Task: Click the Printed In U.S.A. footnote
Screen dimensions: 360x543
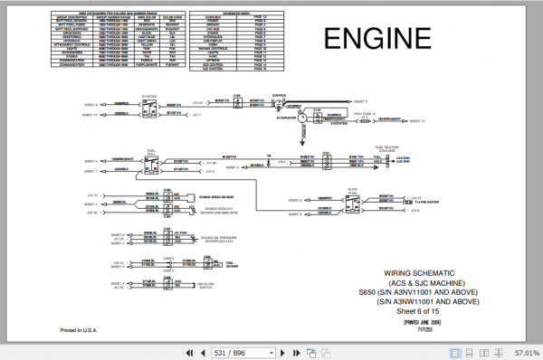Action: coord(78,330)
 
